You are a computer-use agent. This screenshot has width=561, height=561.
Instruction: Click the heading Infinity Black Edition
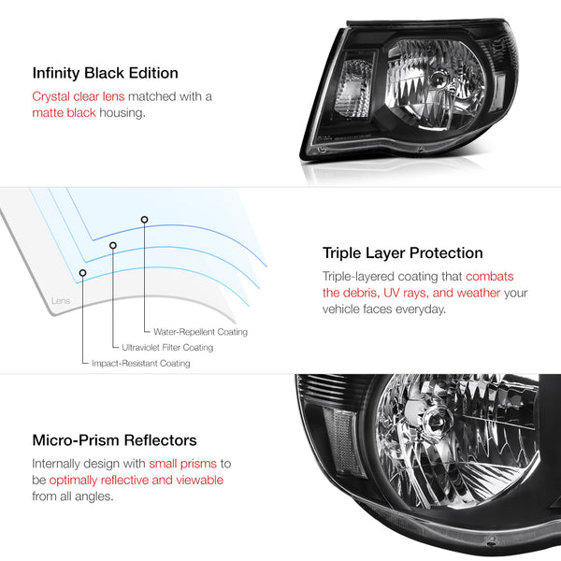coord(105,73)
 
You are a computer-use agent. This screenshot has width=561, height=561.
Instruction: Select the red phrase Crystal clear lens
coord(79,96)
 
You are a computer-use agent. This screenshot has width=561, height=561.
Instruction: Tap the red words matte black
coord(64,113)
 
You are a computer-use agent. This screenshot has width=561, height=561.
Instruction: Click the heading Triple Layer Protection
coord(402,253)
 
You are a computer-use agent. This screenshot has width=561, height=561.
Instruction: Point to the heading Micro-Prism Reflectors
coord(114,440)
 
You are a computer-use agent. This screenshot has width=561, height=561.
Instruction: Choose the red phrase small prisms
coord(183,464)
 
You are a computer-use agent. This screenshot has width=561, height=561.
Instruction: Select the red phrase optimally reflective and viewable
coord(137,481)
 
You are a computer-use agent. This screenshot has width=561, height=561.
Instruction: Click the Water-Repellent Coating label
coord(200,332)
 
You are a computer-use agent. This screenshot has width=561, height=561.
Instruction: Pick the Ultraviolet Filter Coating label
coord(167,348)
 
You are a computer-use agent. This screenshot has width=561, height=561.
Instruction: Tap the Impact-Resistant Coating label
coord(141,363)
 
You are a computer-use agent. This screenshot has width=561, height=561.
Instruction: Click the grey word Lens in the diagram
coord(61,300)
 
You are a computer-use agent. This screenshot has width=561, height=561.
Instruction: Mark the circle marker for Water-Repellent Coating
coord(144,220)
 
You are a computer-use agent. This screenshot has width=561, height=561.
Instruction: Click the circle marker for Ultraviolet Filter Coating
coord(113,245)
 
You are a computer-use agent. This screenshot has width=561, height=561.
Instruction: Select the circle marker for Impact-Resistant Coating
coord(82,273)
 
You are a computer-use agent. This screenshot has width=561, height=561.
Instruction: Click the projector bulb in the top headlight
coord(438,79)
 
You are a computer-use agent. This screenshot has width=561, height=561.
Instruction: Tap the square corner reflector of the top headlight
coord(353,88)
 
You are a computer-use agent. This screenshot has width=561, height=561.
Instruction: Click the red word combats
coord(489,277)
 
